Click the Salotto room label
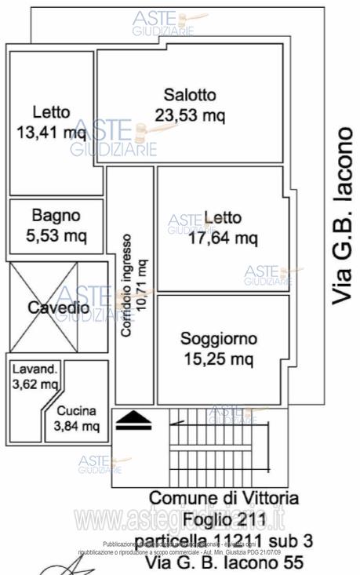pos(189,96)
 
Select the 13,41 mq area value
pos(51,131)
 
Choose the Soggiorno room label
pos(219,340)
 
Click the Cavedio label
pos(58,308)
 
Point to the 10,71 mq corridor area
pos(142,285)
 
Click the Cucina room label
pos(77,410)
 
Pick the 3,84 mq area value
pos(77,426)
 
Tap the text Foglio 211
pos(224,519)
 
